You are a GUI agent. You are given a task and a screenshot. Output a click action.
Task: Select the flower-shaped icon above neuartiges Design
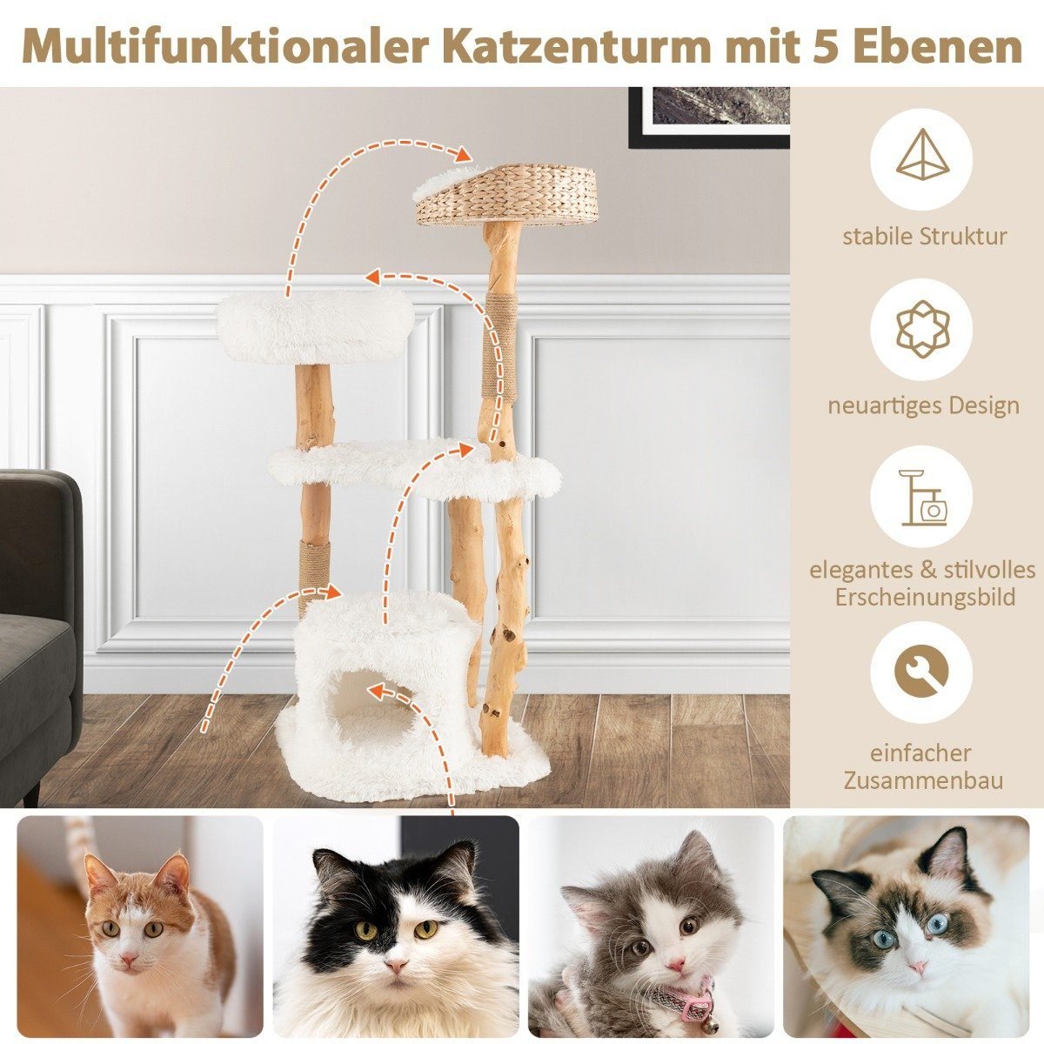pyautogui.click(x=922, y=330)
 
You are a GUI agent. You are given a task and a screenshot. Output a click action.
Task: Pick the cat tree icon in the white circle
pyautogui.click(x=923, y=498)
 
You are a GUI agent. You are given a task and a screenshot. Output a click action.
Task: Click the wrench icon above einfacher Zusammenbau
pyautogui.click(x=922, y=673)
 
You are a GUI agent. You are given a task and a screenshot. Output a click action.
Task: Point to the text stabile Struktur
pyautogui.click(x=923, y=237)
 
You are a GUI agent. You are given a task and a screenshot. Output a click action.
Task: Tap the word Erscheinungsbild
pyautogui.click(x=924, y=599)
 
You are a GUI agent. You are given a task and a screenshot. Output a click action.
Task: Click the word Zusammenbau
pyautogui.click(x=923, y=780)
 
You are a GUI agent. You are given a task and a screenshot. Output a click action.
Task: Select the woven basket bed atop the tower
pyautogui.click(x=505, y=195)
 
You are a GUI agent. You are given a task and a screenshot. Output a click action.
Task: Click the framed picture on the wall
pyautogui.click(x=709, y=117)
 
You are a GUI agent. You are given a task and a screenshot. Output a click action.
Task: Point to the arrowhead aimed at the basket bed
pyautogui.click(x=462, y=154)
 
